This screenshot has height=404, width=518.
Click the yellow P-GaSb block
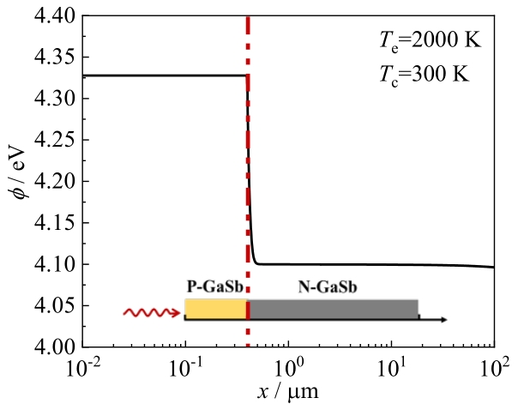(x=216, y=310)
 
